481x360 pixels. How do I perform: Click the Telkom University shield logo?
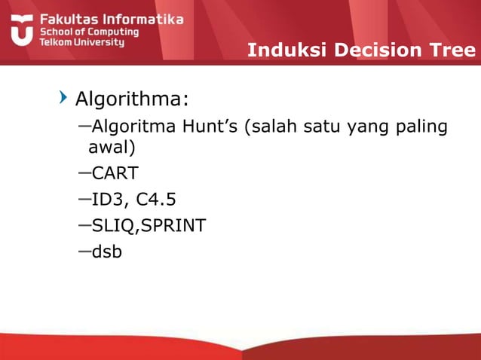click(21, 29)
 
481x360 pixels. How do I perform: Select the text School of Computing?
click(89, 32)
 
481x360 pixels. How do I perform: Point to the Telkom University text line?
click(82, 43)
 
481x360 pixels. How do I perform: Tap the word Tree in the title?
click(452, 50)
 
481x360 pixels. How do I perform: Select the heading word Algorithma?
click(132, 99)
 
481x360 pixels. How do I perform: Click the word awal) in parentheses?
click(112, 148)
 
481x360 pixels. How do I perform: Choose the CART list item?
click(115, 174)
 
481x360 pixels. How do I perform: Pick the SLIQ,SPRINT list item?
click(149, 225)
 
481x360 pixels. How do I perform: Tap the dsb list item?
click(106, 251)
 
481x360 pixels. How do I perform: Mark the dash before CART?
click(84, 172)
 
